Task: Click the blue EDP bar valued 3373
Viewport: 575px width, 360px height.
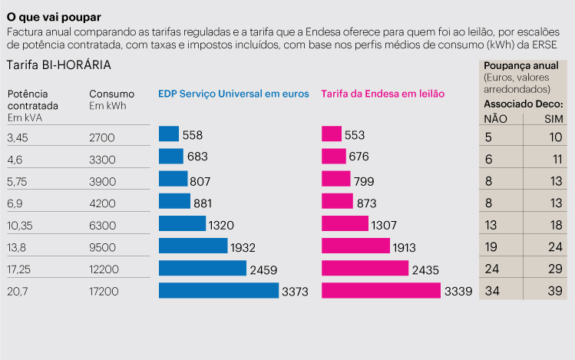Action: pos(218,291)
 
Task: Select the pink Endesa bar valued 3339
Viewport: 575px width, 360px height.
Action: pos(381,291)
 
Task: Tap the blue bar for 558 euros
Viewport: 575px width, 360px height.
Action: pos(168,134)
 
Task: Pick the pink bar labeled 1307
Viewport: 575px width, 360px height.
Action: pos(345,224)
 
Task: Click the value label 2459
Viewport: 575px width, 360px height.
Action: pos(263,269)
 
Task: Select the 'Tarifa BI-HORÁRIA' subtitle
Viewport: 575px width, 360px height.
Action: pos(58,66)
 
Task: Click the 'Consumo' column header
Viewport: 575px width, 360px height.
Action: pos(111,94)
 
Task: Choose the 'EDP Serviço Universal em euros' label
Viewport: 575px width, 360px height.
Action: pos(233,94)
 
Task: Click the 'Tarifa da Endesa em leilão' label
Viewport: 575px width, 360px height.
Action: pos(382,94)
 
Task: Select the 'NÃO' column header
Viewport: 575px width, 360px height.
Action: pos(496,119)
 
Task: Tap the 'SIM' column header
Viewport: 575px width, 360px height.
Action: pos(554,119)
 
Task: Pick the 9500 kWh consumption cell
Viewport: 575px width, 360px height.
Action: pos(103,247)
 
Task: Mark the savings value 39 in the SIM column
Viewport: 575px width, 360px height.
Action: pos(554,292)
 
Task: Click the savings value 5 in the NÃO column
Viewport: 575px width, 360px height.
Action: pos(489,137)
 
